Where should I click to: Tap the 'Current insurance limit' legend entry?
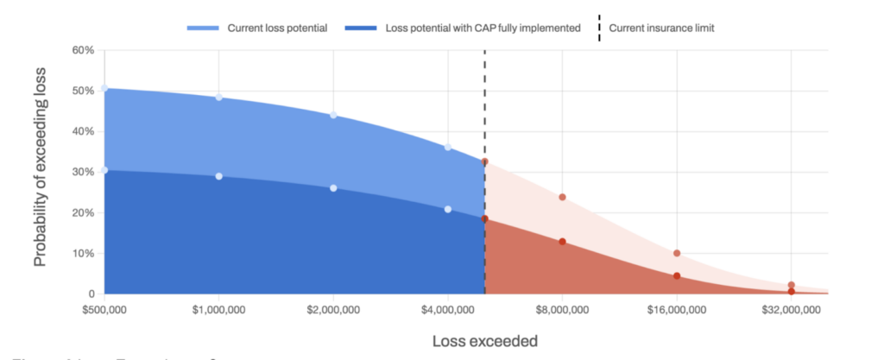[x=661, y=28]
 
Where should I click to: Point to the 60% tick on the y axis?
[x=82, y=50]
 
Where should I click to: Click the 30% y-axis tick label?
[x=82, y=172]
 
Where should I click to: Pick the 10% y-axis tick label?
[x=82, y=253]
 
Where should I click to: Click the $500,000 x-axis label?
[x=104, y=309]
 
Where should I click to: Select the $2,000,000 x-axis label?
[x=333, y=309]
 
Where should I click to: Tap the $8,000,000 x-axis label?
[x=562, y=309]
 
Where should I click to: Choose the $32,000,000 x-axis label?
[x=791, y=309]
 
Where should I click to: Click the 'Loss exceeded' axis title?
[x=484, y=341]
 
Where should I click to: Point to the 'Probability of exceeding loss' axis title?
[x=41, y=173]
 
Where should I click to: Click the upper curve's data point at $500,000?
[x=104, y=88]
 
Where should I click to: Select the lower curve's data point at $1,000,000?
[x=219, y=176]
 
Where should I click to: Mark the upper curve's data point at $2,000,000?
[x=333, y=116]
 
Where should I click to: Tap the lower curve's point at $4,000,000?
[x=448, y=209]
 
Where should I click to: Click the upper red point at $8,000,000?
[x=562, y=197]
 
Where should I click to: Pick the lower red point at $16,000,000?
[x=677, y=275]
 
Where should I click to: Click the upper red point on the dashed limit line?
[x=485, y=161]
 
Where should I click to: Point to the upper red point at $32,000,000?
[x=791, y=285]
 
